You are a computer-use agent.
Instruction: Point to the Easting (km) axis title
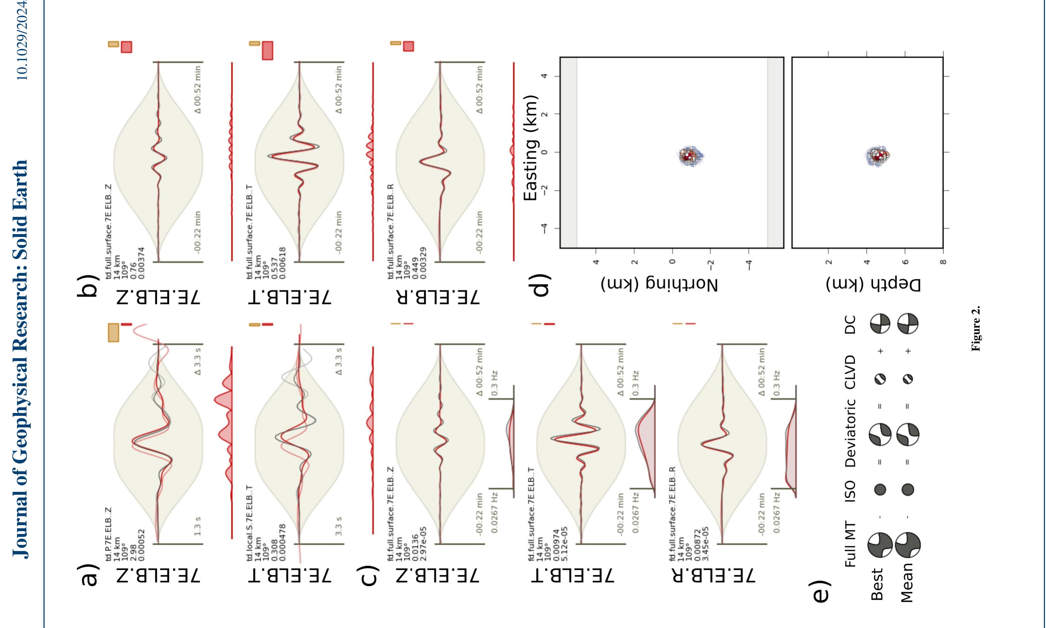click(x=531, y=148)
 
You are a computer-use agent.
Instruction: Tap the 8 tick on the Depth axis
click(x=943, y=262)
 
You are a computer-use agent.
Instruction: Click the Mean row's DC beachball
click(x=908, y=324)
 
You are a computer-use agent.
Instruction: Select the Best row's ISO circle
click(x=880, y=490)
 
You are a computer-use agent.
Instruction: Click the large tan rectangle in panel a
click(x=114, y=333)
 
